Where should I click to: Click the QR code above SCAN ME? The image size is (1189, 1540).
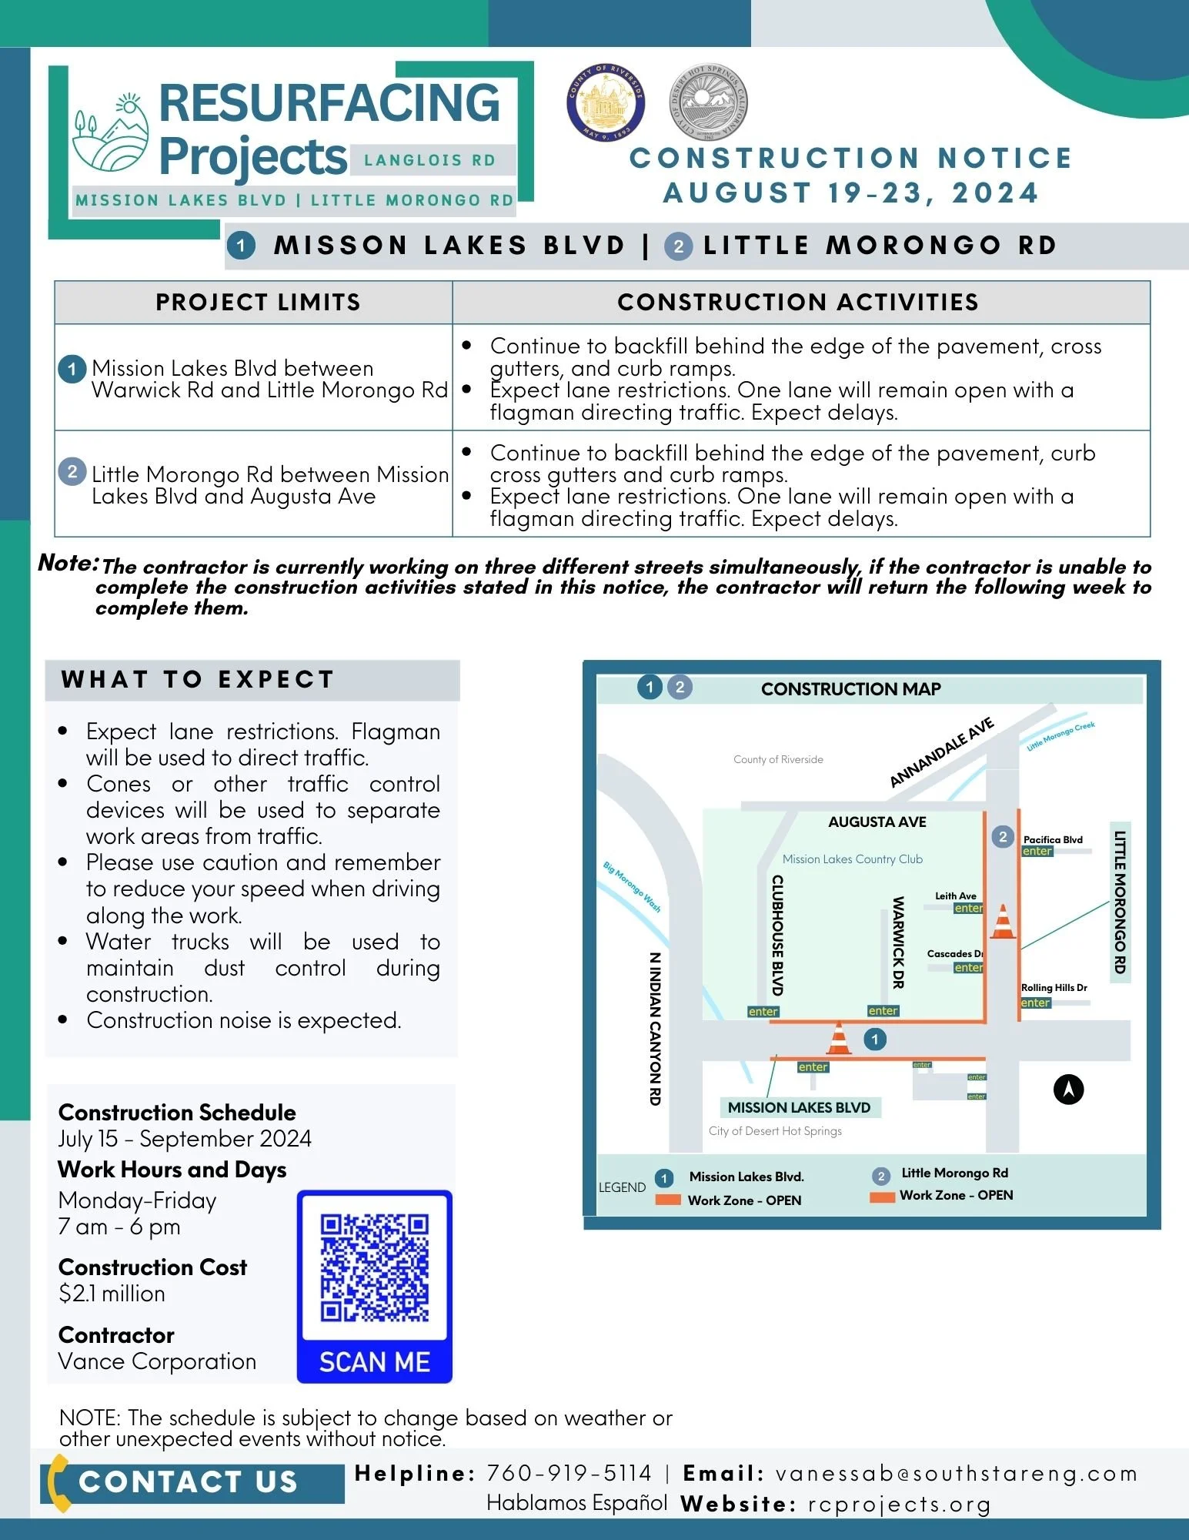pyautogui.click(x=375, y=1267)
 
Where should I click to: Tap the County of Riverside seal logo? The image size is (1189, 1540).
pyautogui.click(x=606, y=102)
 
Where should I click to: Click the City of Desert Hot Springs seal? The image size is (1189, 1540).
pyautogui.click(x=708, y=102)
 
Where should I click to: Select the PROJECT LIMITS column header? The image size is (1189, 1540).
pyautogui.click(x=258, y=302)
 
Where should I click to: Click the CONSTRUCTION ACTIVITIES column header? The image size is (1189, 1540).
pyautogui.click(x=798, y=302)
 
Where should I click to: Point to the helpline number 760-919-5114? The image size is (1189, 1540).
pyautogui.click(x=569, y=1473)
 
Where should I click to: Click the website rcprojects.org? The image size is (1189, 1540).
pyautogui.click(x=899, y=1504)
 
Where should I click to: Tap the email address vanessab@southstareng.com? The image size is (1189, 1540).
pyautogui.click(x=956, y=1473)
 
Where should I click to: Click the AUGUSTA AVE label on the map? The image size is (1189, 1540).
pyautogui.click(x=877, y=822)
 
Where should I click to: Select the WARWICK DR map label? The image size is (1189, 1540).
pyautogui.click(x=897, y=942)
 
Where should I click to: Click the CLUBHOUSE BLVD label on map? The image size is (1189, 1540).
pyautogui.click(x=777, y=935)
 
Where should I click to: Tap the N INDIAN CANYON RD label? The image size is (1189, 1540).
pyautogui.click(x=655, y=1029)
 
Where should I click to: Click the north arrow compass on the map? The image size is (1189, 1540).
pyautogui.click(x=1068, y=1089)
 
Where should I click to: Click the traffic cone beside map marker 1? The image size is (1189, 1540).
pyautogui.click(x=839, y=1038)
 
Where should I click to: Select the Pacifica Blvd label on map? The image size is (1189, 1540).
pyautogui.click(x=1053, y=839)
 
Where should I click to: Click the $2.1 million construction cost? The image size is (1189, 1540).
pyautogui.click(x=112, y=1294)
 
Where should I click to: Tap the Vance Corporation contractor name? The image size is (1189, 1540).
pyautogui.click(x=157, y=1361)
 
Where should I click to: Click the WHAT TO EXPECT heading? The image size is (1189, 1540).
pyautogui.click(x=198, y=679)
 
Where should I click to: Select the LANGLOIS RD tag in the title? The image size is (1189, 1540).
pyautogui.click(x=430, y=160)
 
